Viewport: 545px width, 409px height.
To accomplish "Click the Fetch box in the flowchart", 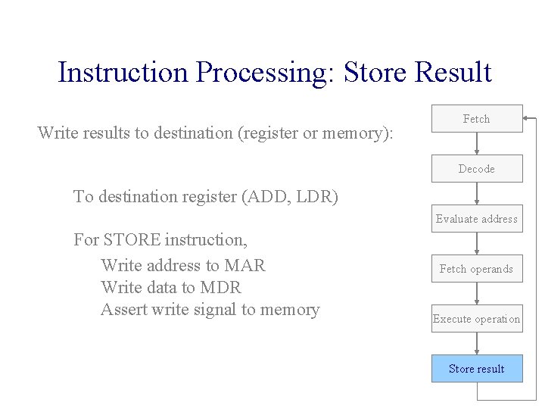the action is point(477,119).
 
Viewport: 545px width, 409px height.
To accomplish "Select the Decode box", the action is point(477,169).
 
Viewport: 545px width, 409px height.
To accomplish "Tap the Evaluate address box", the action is point(477,219).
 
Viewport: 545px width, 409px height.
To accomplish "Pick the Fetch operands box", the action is point(477,269).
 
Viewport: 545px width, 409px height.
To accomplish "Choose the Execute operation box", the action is point(477,319).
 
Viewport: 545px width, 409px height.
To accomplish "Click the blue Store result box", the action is point(477,369).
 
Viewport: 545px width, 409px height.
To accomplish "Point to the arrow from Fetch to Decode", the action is point(477,144).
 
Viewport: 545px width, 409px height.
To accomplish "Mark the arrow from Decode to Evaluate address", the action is point(477,194).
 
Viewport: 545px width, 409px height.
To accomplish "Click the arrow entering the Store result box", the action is point(477,344).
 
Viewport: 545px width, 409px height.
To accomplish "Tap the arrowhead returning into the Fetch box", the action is point(527,119).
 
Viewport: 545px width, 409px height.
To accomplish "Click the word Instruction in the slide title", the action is point(121,73).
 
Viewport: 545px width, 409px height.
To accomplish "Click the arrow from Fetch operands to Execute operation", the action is point(477,294).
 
